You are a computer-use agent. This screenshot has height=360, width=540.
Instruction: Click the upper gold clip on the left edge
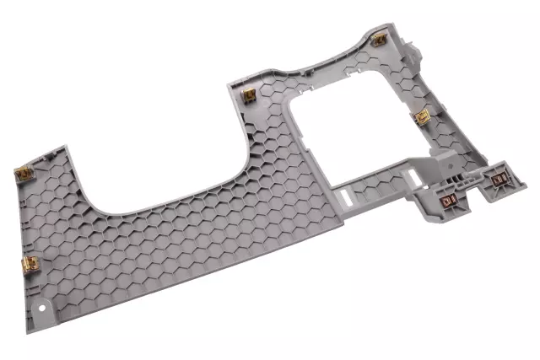[x=24, y=175]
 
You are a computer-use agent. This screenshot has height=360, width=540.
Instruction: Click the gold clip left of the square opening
[x=249, y=95]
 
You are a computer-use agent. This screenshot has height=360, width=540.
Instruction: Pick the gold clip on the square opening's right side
[x=421, y=117]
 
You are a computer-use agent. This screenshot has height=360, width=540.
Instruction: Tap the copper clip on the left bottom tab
[x=449, y=201]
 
